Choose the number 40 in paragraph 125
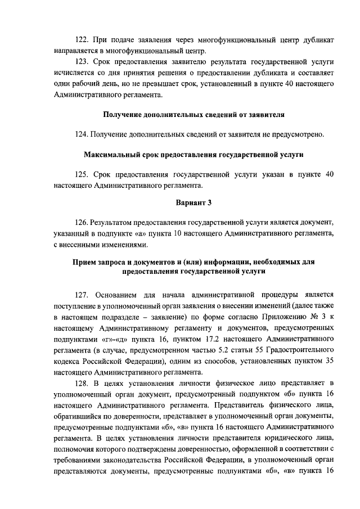[x=331, y=175]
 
